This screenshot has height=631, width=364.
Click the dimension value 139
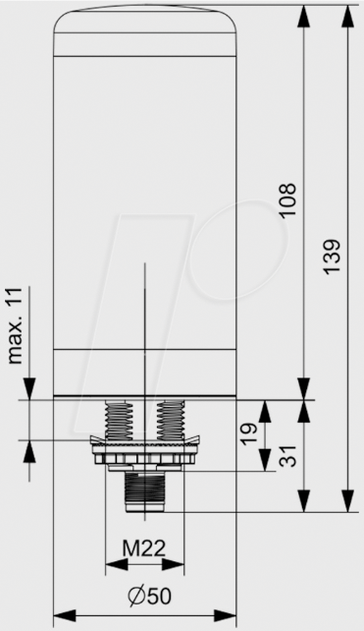tap(333, 258)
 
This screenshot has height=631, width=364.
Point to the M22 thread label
tap(144, 547)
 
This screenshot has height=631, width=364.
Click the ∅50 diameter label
tap(144, 596)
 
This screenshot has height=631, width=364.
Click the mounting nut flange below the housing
tap(144, 455)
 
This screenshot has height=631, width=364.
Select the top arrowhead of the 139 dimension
tap(348, 12)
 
